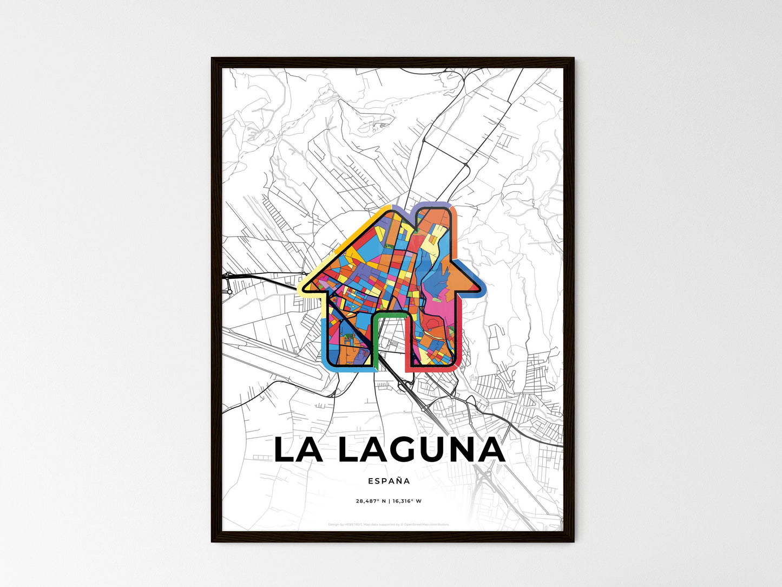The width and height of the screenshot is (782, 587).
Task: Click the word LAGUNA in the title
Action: click(x=422, y=451)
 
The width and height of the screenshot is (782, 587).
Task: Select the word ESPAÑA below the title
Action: click(x=389, y=480)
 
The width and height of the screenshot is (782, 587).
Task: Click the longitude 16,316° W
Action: click(x=406, y=501)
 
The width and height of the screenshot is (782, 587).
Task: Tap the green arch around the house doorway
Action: click(x=389, y=314)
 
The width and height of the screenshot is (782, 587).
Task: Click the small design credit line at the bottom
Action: click(x=389, y=524)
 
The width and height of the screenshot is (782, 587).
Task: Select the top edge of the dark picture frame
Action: click(x=392, y=60)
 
